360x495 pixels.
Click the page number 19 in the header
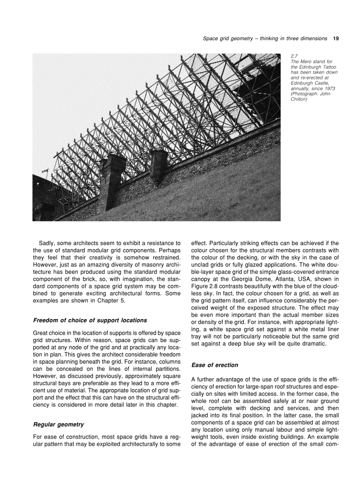coord(336,38)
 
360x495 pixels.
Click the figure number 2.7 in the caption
coord(295,56)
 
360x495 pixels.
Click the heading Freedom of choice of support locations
coord(90,320)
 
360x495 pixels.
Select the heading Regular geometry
coord(58,424)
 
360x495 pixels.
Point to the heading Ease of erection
coord(214,365)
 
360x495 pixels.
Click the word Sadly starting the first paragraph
coord(47,243)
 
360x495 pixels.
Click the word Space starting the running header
coord(210,38)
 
